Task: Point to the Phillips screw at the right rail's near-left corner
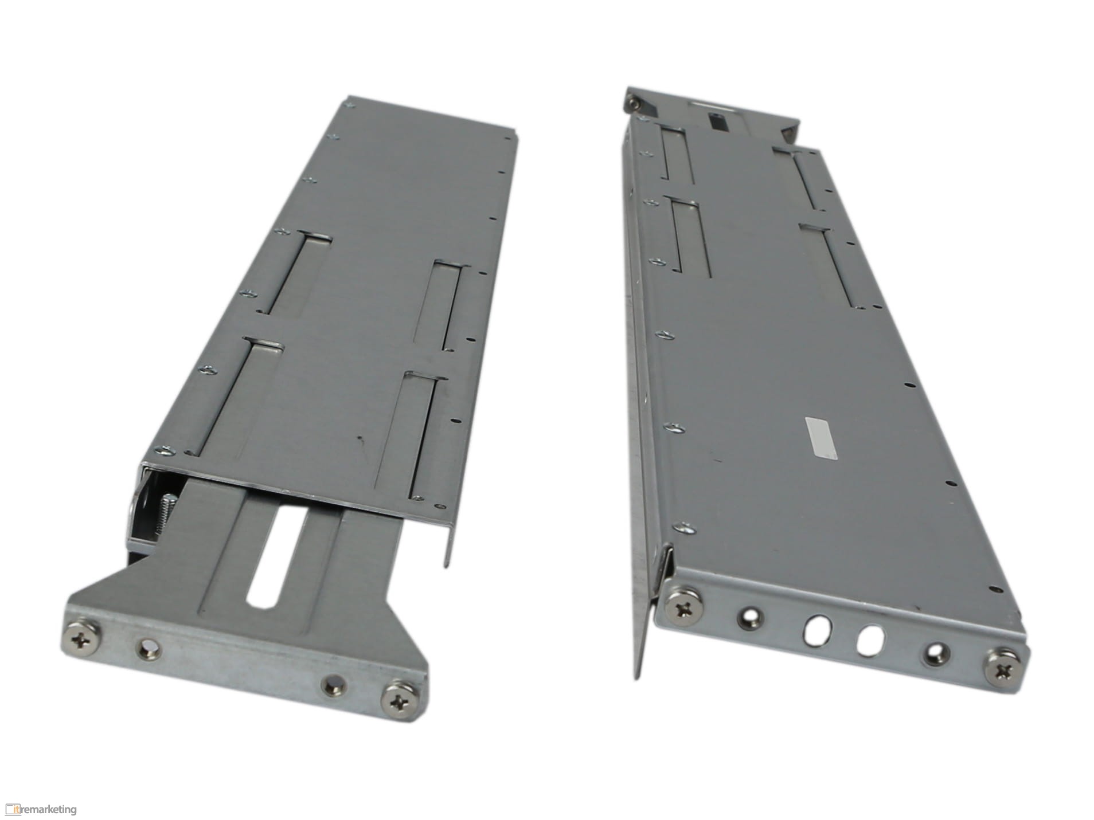[684, 609]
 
